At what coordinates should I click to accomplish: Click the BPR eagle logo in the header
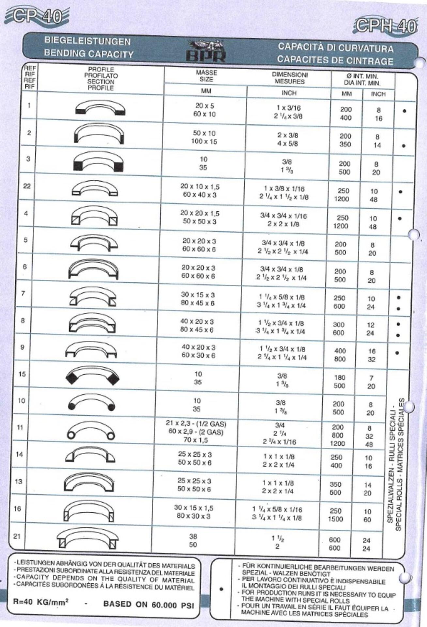(206, 51)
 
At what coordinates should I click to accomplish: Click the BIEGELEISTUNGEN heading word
(87, 41)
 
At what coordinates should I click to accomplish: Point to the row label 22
(27, 186)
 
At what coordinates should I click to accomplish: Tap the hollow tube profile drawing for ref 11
(91, 431)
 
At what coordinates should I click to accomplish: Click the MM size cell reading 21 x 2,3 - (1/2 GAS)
(196, 424)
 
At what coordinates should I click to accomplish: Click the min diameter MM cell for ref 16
(335, 515)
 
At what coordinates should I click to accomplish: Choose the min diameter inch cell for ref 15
(371, 382)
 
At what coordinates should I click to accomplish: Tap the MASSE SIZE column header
(206, 76)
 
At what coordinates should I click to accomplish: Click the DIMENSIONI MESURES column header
(289, 78)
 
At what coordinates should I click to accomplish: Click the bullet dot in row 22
(400, 192)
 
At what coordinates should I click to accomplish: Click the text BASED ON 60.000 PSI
(148, 604)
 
